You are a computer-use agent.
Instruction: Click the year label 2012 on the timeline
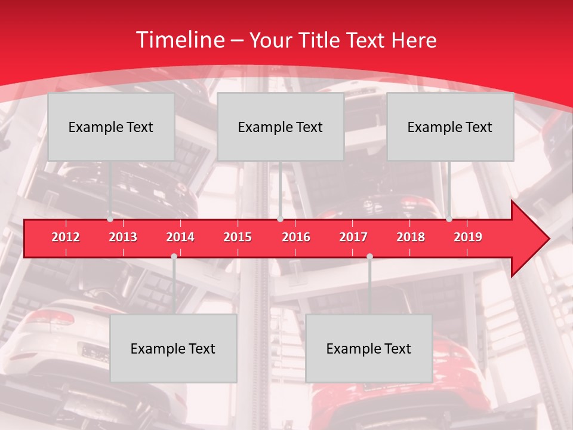66,237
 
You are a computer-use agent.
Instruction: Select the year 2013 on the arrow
123,237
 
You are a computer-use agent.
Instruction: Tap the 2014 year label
180,237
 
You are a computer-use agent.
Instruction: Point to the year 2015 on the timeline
238,237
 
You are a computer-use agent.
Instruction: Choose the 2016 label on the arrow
296,237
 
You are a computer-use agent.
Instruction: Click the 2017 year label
353,237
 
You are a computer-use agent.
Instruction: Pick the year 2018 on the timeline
411,237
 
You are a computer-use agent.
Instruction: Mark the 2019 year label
468,237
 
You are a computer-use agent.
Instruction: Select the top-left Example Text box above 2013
111,127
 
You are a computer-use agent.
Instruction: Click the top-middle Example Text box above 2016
281,127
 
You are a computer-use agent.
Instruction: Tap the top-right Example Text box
450,127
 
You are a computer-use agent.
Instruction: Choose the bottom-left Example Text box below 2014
173,348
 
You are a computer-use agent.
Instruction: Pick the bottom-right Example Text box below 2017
369,348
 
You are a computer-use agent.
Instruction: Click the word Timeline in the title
179,40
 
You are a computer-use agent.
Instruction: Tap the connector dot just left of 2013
110,219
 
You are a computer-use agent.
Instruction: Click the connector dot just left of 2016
280,219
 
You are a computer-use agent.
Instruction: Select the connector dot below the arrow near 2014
174,256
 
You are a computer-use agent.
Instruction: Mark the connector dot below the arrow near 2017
369,256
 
